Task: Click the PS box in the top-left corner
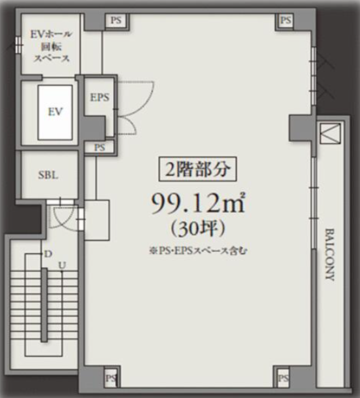[x=116, y=20]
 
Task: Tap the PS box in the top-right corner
[x=286, y=20]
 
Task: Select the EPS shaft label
[x=100, y=97]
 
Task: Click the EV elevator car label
[x=55, y=112]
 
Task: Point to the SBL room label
[x=48, y=175]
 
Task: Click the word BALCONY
[x=330, y=254]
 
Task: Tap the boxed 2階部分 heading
[x=198, y=169]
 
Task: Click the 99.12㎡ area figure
[x=198, y=203]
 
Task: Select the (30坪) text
[x=198, y=229]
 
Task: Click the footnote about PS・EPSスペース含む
[x=198, y=251]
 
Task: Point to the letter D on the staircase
[x=48, y=254]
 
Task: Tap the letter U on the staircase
[x=63, y=265]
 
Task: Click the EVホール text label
[x=51, y=34]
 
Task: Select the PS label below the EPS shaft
[x=100, y=147]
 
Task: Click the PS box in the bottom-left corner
[x=111, y=378]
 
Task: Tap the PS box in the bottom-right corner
[x=283, y=378]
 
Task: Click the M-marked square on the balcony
[x=330, y=134]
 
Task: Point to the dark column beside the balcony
[x=302, y=127]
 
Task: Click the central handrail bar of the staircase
[x=44, y=305]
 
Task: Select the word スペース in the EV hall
[x=52, y=59]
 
